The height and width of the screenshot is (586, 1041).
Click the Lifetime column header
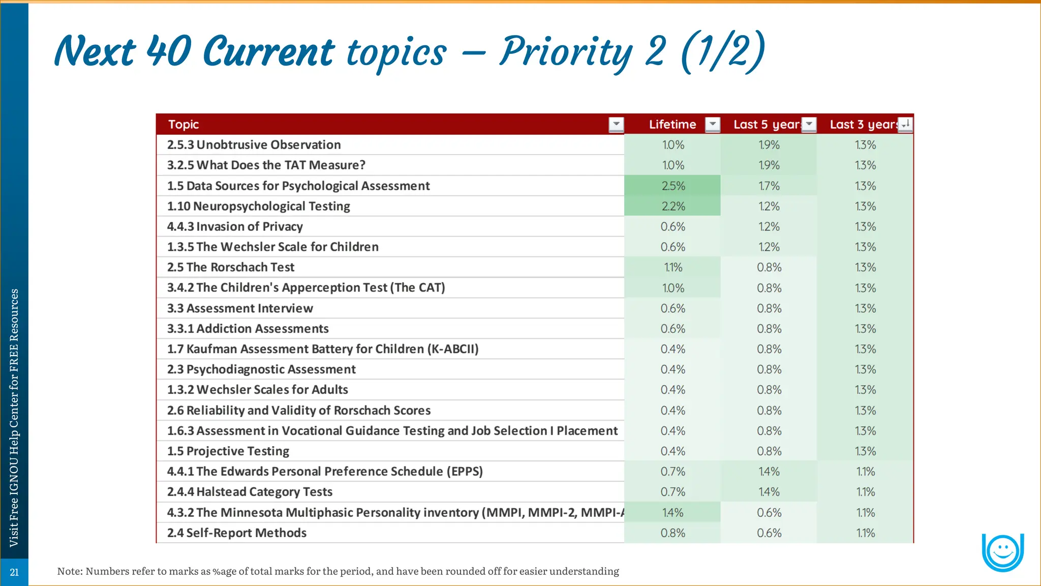click(x=672, y=125)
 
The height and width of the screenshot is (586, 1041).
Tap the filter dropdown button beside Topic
click(x=616, y=124)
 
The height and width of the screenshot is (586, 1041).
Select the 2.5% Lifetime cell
click(x=673, y=186)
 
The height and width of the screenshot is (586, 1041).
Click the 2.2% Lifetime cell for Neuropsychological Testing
click(x=673, y=207)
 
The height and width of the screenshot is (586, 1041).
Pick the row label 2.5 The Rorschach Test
click(x=231, y=268)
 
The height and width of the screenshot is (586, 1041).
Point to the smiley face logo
click(x=1002, y=551)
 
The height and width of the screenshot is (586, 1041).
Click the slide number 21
click(x=14, y=572)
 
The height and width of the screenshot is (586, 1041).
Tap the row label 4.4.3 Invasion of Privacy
click(x=235, y=227)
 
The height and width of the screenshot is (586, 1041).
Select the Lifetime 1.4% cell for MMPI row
click(x=673, y=513)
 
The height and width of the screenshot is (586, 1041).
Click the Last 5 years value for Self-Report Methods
click(x=769, y=533)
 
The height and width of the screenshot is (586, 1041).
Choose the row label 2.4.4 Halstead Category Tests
click(x=250, y=492)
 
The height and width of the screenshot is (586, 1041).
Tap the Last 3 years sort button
click(x=905, y=124)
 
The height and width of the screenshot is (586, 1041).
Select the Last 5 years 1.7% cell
click(x=769, y=186)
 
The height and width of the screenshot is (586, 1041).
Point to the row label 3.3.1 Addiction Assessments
click(x=248, y=329)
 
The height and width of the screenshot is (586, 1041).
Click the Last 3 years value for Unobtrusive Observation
click(x=865, y=145)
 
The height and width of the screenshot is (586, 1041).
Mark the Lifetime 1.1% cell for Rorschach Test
click(x=673, y=268)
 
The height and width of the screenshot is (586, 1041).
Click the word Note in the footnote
click(x=69, y=571)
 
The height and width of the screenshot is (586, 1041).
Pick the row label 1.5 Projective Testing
click(x=228, y=451)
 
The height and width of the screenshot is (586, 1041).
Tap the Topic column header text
click(x=183, y=125)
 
